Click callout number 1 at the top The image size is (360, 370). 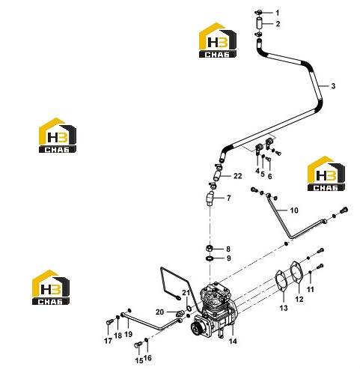click(x=278, y=13)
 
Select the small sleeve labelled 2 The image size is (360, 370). click(x=259, y=23)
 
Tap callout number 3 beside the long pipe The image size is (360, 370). click(x=333, y=86)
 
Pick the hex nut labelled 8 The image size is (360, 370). click(x=209, y=249)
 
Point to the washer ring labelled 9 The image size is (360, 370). click(x=210, y=258)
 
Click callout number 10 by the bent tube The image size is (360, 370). click(x=294, y=210)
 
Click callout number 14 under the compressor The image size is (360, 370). click(x=233, y=341)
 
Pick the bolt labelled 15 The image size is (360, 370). click(x=138, y=345)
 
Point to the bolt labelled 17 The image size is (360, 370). click(x=109, y=322)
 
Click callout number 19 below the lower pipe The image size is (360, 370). click(x=129, y=334)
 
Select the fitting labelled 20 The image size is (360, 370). click(x=181, y=312)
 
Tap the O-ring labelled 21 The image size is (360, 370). click(x=189, y=309)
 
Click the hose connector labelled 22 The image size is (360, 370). click(x=217, y=175)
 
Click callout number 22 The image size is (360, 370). click(x=238, y=176)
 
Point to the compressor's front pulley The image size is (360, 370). click(x=197, y=327)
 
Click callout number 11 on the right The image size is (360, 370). click(x=310, y=289)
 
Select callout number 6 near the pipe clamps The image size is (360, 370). click(x=269, y=176)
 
